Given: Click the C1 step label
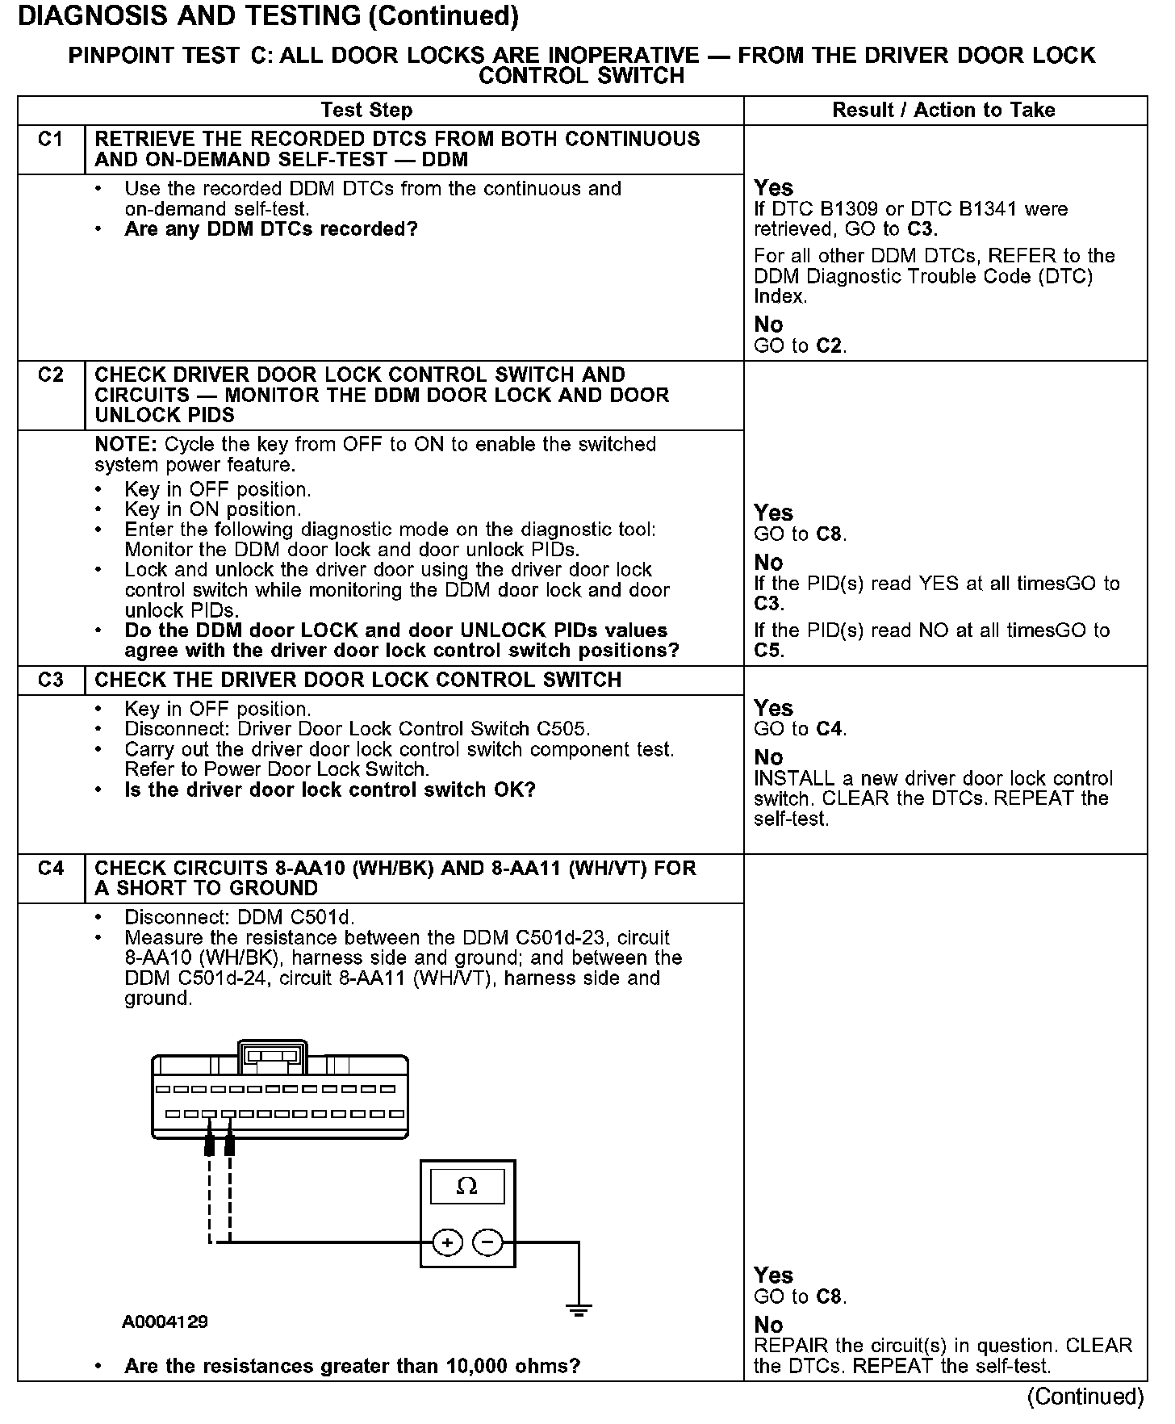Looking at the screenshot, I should click(x=50, y=140).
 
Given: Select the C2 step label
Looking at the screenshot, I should click(x=50, y=375).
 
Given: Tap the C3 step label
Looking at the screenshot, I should click(x=50, y=681).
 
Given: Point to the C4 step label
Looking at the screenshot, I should click(x=50, y=869).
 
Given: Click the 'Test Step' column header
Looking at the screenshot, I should click(x=366, y=111).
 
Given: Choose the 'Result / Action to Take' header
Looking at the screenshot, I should click(x=943, y=111).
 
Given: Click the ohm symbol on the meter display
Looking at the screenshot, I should click(x=466, y=1186).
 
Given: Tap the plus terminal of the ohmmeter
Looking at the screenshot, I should click(x=448, y=1242).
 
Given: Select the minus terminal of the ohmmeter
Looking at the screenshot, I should click(x=487, y=1242).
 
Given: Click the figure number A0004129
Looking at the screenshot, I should click(x=165, y=1322).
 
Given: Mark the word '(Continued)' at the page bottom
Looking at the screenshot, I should click(x=1085, y=1397).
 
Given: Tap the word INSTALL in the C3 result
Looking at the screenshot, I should click(x=793, y=779).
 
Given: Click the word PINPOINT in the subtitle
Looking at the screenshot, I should click(x=119, y=56).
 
